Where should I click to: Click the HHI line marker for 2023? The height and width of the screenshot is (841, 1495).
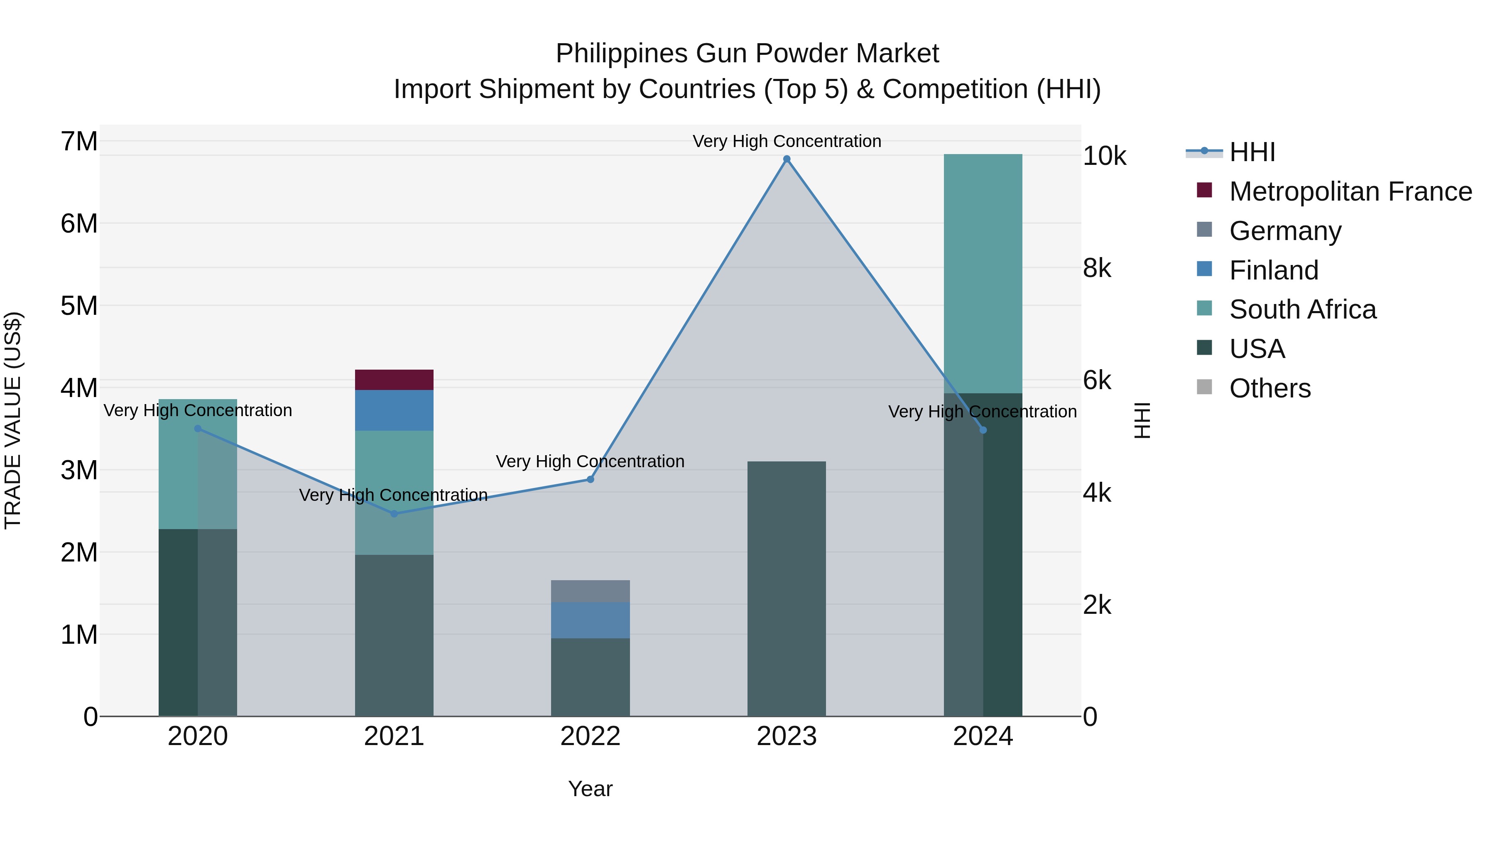(787, 159)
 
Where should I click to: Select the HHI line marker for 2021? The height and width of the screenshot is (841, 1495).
(394, 514)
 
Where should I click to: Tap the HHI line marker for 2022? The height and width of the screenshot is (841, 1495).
(590, 479)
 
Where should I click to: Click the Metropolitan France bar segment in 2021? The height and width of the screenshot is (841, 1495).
(394, 380)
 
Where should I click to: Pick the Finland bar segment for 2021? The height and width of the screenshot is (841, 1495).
(394, 410)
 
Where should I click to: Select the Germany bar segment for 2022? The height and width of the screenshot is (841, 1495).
(590, 591)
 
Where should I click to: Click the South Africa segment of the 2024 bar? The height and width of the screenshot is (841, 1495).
(983, 273)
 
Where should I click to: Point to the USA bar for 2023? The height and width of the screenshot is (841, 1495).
(787, 588)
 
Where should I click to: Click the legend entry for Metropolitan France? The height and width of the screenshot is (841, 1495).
(1350, 191)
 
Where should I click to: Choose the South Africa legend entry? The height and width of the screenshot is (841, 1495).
(1302, 309)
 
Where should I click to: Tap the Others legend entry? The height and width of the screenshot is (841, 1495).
(1270, 388)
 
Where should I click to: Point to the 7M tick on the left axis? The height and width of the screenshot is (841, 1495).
(79, 141)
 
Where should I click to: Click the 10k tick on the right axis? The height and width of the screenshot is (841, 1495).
(1104, 156)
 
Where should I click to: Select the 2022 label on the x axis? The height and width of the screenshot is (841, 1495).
(590, 736)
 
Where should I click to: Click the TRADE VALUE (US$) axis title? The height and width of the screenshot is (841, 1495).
(13, 420)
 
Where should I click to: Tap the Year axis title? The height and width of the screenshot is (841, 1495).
(590, 789)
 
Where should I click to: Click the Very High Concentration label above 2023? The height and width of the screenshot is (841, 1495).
(787, 141)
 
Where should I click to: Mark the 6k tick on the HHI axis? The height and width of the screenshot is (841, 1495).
(1097, 381)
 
